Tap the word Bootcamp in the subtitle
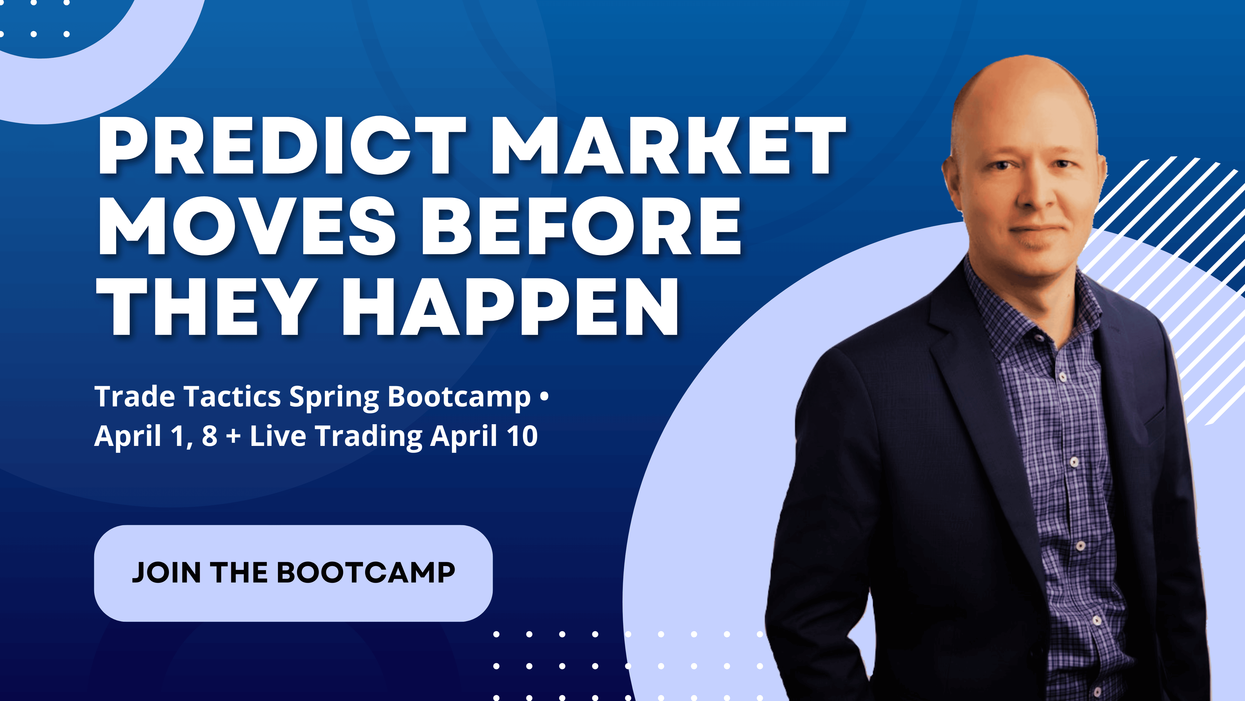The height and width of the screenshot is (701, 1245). point(459,398)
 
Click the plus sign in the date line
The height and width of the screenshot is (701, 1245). point(233,436)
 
